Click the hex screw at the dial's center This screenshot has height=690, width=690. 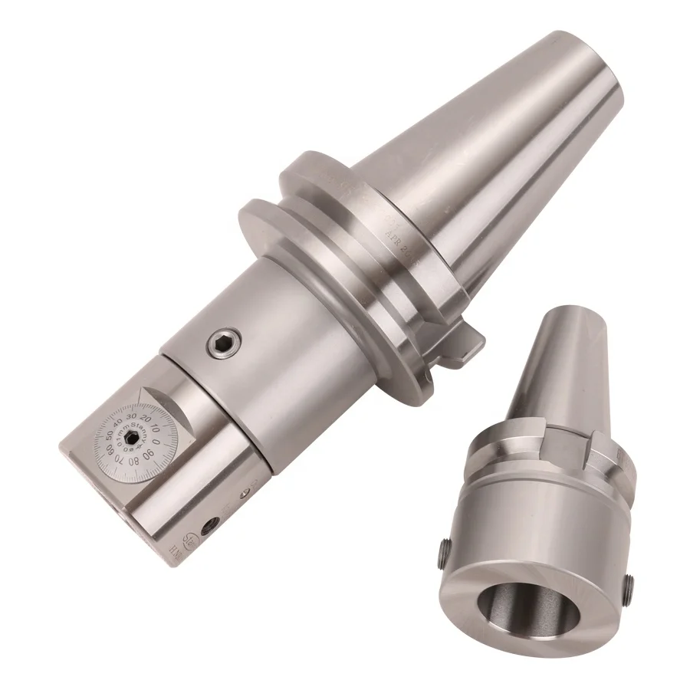(133, 436)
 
